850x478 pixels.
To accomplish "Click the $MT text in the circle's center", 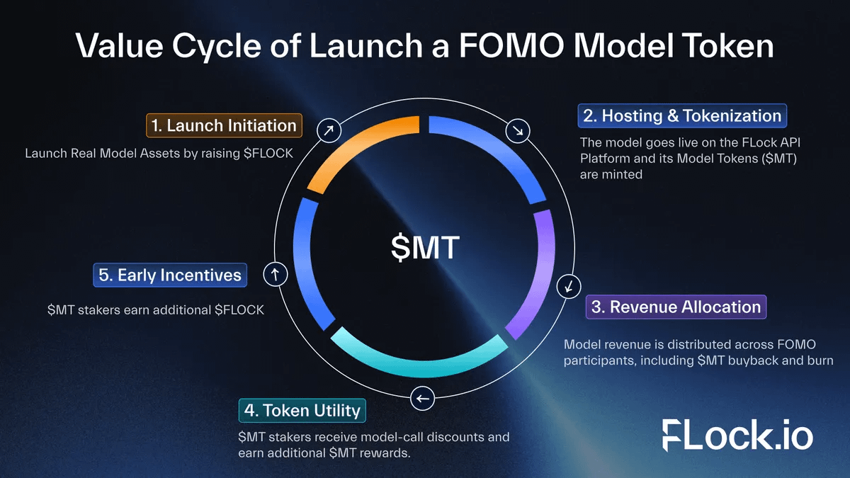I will click(425, 248).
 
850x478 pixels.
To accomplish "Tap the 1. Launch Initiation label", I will click(225, 125).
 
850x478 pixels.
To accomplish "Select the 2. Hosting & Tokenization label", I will click(682, 115).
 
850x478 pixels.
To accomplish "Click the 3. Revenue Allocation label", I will click(676, 307).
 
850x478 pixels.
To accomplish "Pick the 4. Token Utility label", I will click(302, 410).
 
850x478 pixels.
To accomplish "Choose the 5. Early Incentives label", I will click(170, 275).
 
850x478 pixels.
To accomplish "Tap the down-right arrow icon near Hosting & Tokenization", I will click(518, 130).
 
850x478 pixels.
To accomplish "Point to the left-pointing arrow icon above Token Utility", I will click(423, 399).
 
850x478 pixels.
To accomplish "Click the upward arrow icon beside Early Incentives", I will click(274, 274).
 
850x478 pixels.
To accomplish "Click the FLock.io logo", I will click(737, 434).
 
